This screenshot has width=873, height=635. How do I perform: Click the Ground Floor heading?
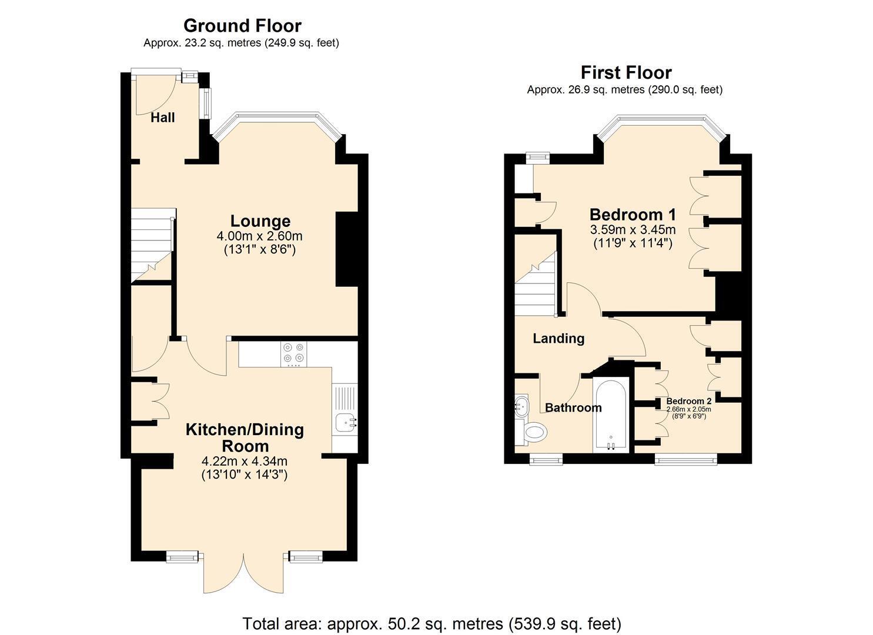(242, 26)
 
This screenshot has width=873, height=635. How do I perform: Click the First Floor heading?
(626, 73)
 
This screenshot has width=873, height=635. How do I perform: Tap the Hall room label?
(162, 118)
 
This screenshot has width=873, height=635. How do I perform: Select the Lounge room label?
(260, 221)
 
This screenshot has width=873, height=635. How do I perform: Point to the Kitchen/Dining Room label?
(245, 437)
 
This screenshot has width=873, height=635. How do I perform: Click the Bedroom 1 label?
(633, 215)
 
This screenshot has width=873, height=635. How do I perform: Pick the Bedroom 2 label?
(688, 401)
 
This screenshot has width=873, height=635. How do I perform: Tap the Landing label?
(558, 338)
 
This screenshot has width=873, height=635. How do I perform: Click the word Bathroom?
(573, 407)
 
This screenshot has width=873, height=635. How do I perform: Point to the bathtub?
(611, 415)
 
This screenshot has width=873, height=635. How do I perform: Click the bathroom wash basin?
(521, 406)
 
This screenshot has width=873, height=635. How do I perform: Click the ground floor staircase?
(153, 245)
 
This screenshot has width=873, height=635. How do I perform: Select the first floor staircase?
(536, 284)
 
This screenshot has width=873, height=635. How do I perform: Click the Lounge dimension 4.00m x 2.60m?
(260, 236)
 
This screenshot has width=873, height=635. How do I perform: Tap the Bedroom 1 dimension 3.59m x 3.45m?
(633, 229)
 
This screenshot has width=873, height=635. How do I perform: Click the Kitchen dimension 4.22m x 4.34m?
(245, 461)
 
